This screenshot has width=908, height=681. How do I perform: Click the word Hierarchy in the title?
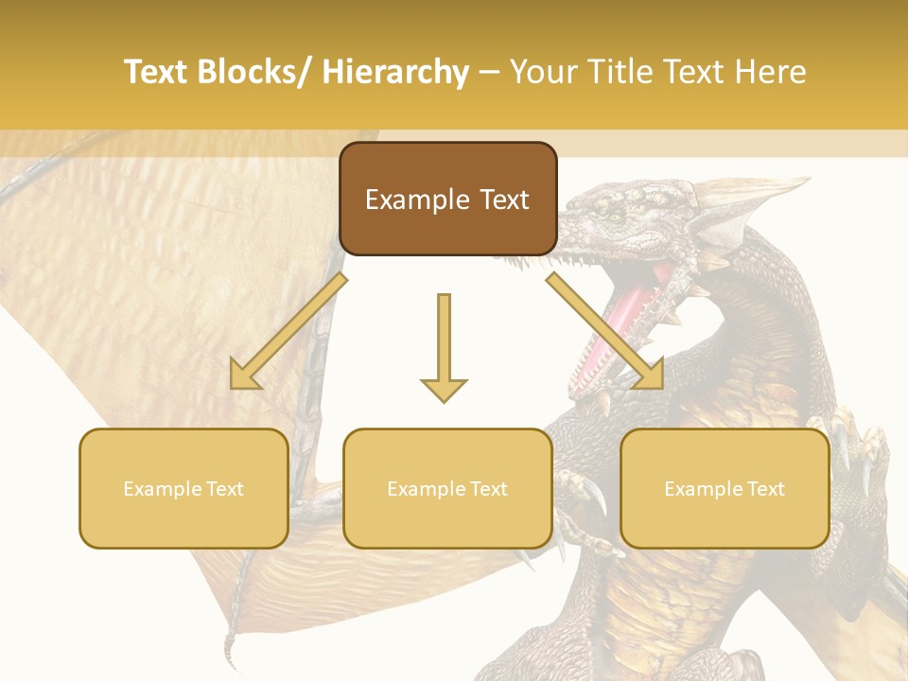coord(395,72)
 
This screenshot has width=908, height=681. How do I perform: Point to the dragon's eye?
coord(616,217)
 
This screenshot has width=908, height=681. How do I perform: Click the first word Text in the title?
coord(157,72)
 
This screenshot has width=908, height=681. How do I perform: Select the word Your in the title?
coord(540,72)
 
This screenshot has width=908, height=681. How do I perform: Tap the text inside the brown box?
coord(447,200)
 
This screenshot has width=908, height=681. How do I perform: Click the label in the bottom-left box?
coord(183,489)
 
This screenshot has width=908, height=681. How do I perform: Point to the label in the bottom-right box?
coord(725,489)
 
